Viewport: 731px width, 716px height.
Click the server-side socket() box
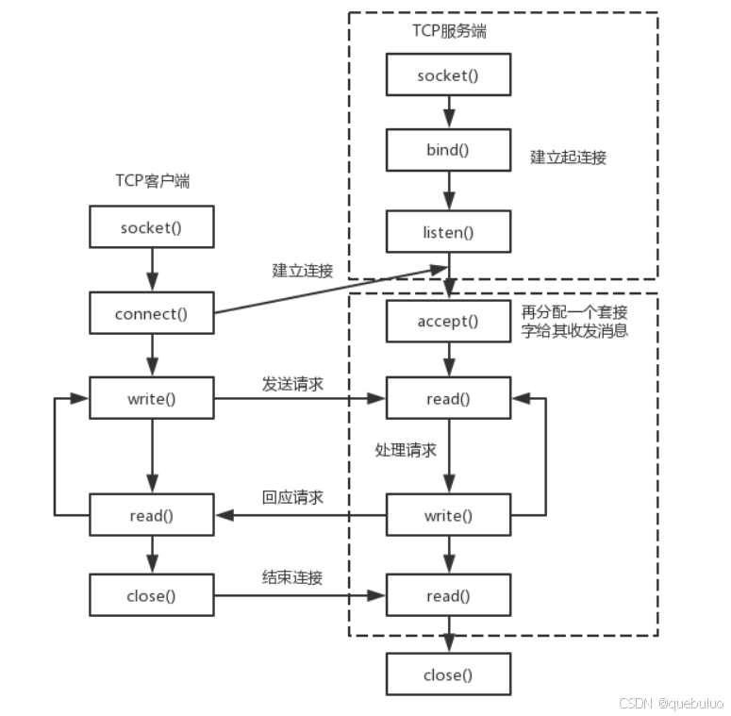pos(448,75)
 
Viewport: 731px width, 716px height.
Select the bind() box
pos(448,150)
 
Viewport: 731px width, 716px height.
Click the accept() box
pos(448,322)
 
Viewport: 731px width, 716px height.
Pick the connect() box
pos(151,314)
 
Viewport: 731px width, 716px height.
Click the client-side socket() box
pos(151,228)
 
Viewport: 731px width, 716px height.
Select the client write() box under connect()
pos(151,398)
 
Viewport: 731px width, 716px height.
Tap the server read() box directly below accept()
pos(448,398)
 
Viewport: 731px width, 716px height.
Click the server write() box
pos(448,515)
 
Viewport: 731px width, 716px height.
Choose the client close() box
pos(151,595)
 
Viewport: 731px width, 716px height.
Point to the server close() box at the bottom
pos(448,674)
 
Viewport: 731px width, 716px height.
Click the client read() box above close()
pos(151,515)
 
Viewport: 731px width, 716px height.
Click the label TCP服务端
pos(449,31)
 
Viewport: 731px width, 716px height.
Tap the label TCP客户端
pos(152,181)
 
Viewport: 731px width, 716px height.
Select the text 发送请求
pos(292,384)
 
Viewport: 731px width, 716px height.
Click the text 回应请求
pos(292,497)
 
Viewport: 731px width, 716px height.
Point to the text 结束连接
pos(292,577)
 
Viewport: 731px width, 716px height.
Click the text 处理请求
pos(406,450)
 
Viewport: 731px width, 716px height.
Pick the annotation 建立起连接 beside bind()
pos(568,158)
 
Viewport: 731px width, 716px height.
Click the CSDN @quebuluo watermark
pos(671,703)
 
